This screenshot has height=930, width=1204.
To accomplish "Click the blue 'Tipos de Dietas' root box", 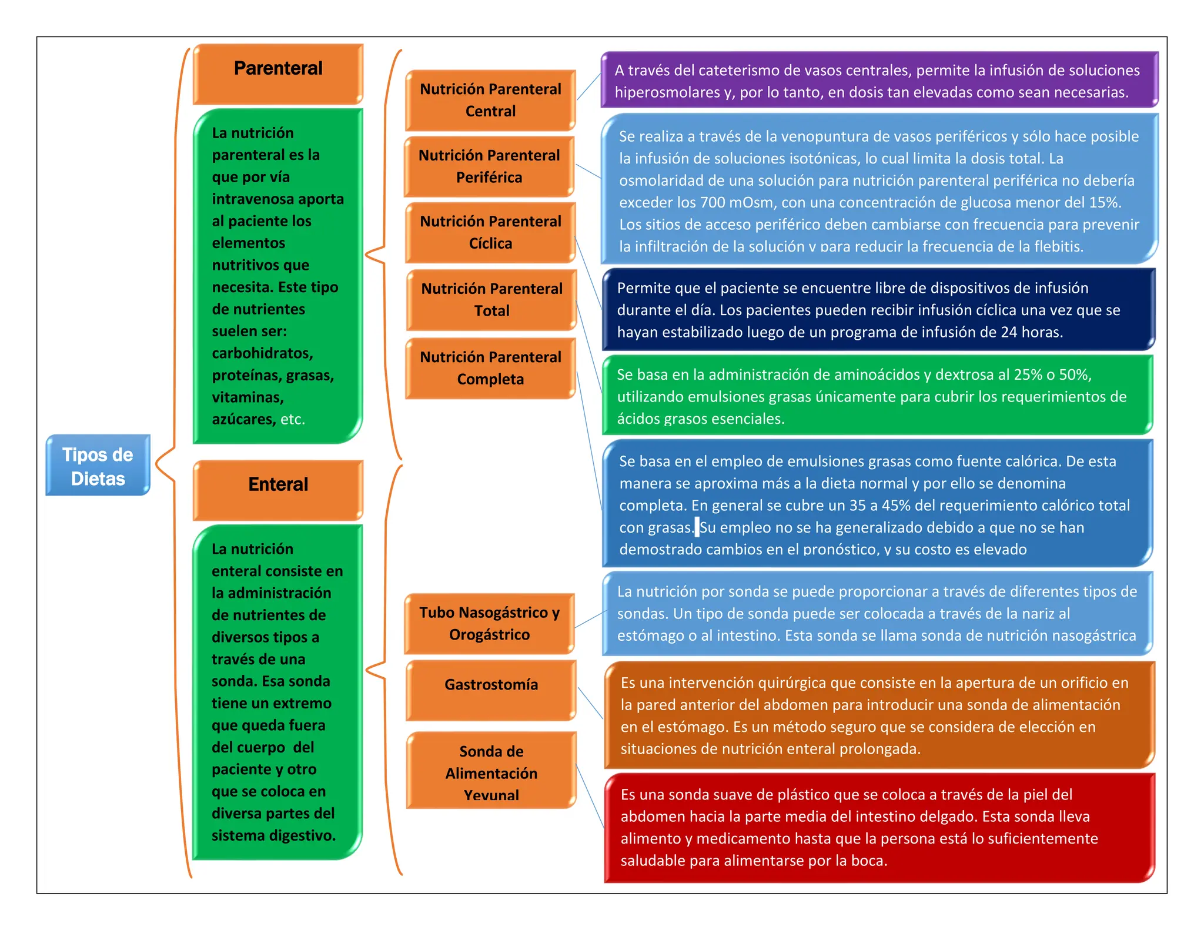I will click(98, 466).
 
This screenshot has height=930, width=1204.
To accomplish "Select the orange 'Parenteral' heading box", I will click(278, 73).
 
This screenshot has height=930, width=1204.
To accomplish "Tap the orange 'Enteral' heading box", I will click(278, 490).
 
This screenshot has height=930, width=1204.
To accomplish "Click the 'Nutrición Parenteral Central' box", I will click(490, 100).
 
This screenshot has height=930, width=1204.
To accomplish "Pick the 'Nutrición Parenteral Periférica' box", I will click(489, 166).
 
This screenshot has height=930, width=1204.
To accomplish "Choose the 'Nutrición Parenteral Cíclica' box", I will click(490, 232).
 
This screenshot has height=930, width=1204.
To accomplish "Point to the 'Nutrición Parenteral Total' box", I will click(491, 300).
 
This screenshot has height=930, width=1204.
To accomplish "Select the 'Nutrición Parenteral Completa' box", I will click(490, 368).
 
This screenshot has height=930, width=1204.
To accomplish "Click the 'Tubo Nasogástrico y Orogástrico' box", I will click(489, 624).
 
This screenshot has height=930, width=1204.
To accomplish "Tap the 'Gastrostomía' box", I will click(491, 690).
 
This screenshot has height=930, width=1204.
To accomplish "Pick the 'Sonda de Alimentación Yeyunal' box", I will click(491, 770).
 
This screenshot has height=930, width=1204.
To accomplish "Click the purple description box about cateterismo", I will click(879, 81).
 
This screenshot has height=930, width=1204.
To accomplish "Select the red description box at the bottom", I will click(879, 828).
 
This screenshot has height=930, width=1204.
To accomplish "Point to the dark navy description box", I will click(879, 310).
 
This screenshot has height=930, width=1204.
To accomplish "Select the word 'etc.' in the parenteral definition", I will click(292, 420).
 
